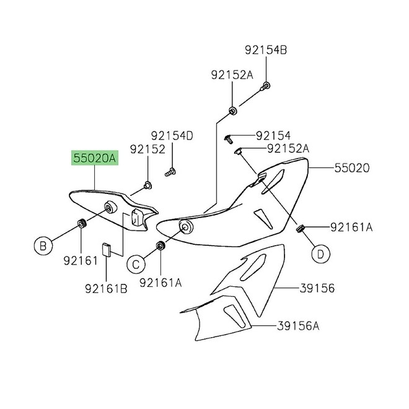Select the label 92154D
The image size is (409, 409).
(x=172, y=135)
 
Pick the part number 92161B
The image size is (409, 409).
(x=107, y=288)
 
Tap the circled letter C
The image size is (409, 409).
(x=137, y=265)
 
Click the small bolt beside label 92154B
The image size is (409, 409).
(x=265, y=87)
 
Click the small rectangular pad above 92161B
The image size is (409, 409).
(x=107, y=248)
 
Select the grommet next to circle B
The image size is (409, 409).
(x=81, y=223)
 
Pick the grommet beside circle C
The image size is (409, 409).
(x=161, y=245)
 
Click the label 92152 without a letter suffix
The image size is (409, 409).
(x=147, y=149)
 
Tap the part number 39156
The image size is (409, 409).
(x=317, y=288)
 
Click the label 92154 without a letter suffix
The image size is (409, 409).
(x=273, y=135)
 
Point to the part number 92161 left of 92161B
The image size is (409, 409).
(x=81, y=261)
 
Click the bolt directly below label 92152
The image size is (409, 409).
(x=147, y=184)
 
